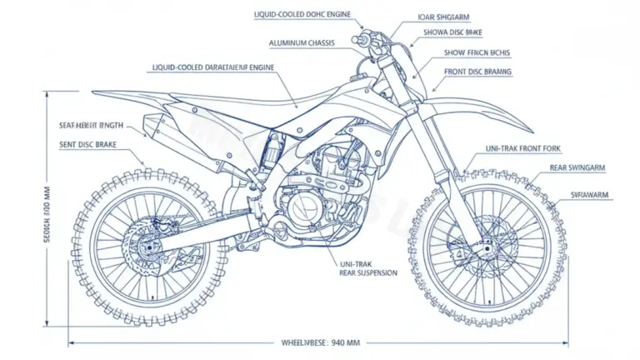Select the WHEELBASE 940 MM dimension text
[x=320, y=342]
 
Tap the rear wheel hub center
[x=148, y=247]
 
